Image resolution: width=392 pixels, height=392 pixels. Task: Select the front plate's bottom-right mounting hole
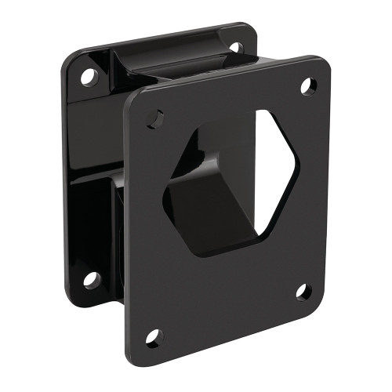click(303, 292)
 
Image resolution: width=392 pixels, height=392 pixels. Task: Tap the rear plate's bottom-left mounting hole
click(93, 278)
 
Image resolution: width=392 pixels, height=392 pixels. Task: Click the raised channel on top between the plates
click(169, 63)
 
